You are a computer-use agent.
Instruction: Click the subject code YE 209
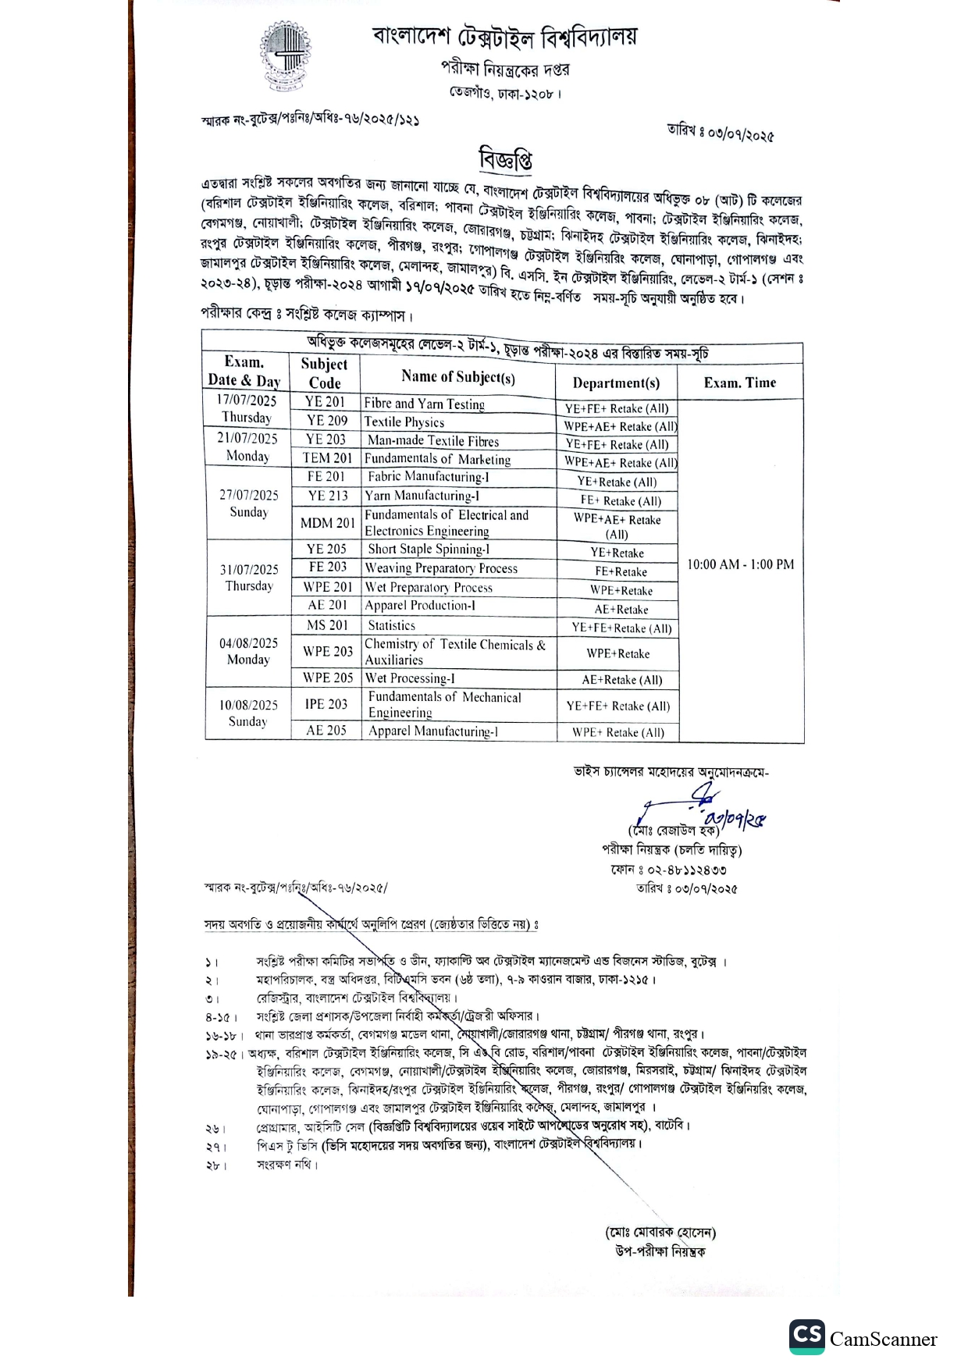coord(326,421)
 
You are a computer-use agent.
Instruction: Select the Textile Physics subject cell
coord(404,422)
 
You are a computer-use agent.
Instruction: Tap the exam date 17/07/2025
coord(247,400)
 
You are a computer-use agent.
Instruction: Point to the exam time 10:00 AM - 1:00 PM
coord(740,564)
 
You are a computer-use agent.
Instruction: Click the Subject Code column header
coord(324,373)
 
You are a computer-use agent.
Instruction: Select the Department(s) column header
coord(616,383)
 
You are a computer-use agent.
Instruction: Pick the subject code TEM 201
coord(327,458)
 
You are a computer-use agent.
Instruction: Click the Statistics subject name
coord(391,625)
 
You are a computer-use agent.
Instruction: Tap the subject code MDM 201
coord(327,523)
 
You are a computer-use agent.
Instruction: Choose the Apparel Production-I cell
coord(420,606)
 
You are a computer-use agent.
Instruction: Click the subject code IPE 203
coord(326,704)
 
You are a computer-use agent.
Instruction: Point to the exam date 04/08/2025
coord(248,643)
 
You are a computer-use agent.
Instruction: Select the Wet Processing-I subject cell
coord(410,678)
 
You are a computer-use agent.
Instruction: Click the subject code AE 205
coord(326,731)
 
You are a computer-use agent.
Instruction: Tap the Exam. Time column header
coord(739,383)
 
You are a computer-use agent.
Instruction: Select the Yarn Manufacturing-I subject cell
coord(422,496)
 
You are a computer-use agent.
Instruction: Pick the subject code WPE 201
coord(328,587)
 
